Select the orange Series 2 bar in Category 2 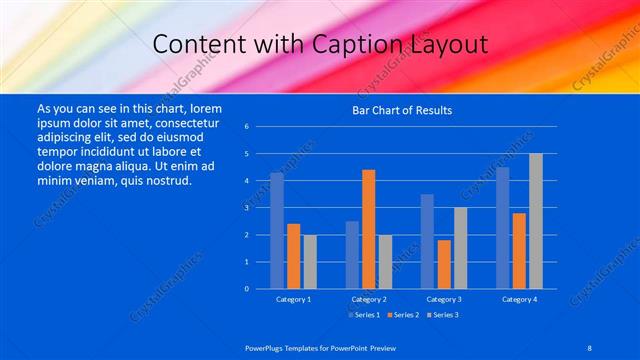[368, 229]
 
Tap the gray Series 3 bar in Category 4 [536, 221]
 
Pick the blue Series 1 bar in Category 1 [277, 230]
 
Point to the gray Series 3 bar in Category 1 [310, 261]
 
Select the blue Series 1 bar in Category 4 [502, 227]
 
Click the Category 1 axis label [293, 299]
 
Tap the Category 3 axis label [444, 299]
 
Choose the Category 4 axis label [519, 299]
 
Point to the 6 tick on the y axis [246, 127]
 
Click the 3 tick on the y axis [246, 208]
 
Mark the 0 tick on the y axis [246, 289]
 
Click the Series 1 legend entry [363, 315]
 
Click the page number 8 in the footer [589, 346]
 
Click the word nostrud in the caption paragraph [162, 180]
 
